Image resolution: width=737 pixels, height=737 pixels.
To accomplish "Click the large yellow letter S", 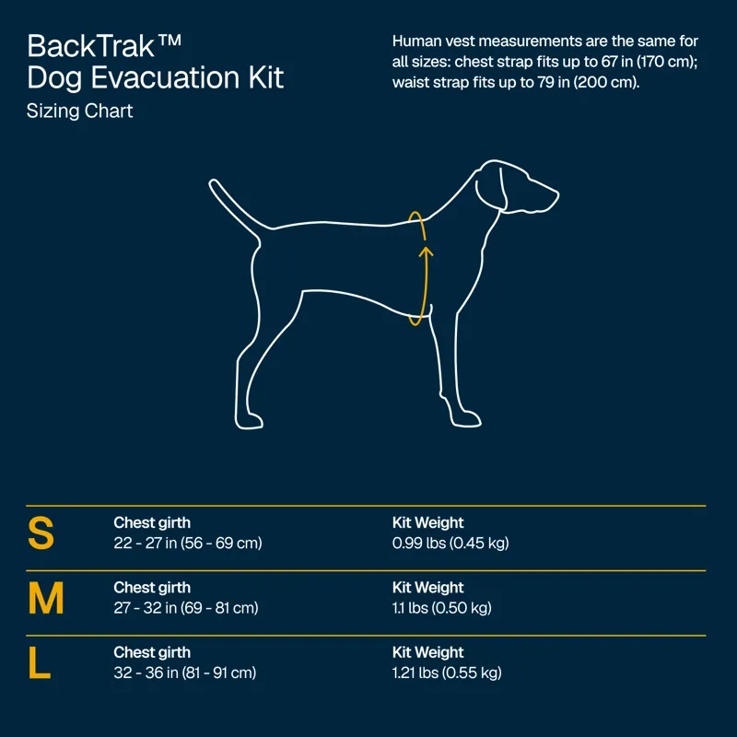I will tap(41, 533).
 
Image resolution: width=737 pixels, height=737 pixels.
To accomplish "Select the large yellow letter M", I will tap(46, 599).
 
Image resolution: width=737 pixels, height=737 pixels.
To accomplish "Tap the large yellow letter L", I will tap(39, 663).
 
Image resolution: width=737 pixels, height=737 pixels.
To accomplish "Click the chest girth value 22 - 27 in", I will tap(188, 544).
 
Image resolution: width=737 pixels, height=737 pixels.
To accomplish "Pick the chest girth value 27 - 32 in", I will tap(186, 608).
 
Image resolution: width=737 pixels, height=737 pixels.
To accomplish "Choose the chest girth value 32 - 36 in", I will tap(184, 673).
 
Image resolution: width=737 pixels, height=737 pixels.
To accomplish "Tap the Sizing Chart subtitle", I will tap(80, 111).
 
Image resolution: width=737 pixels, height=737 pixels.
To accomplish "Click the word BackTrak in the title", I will tap(89, 46).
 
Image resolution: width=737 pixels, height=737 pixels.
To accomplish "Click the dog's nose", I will tap(556, 194).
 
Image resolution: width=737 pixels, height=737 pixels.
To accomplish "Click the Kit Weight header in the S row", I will tap(428, 523).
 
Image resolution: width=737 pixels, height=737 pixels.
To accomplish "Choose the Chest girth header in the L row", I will tap(152, 652).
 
